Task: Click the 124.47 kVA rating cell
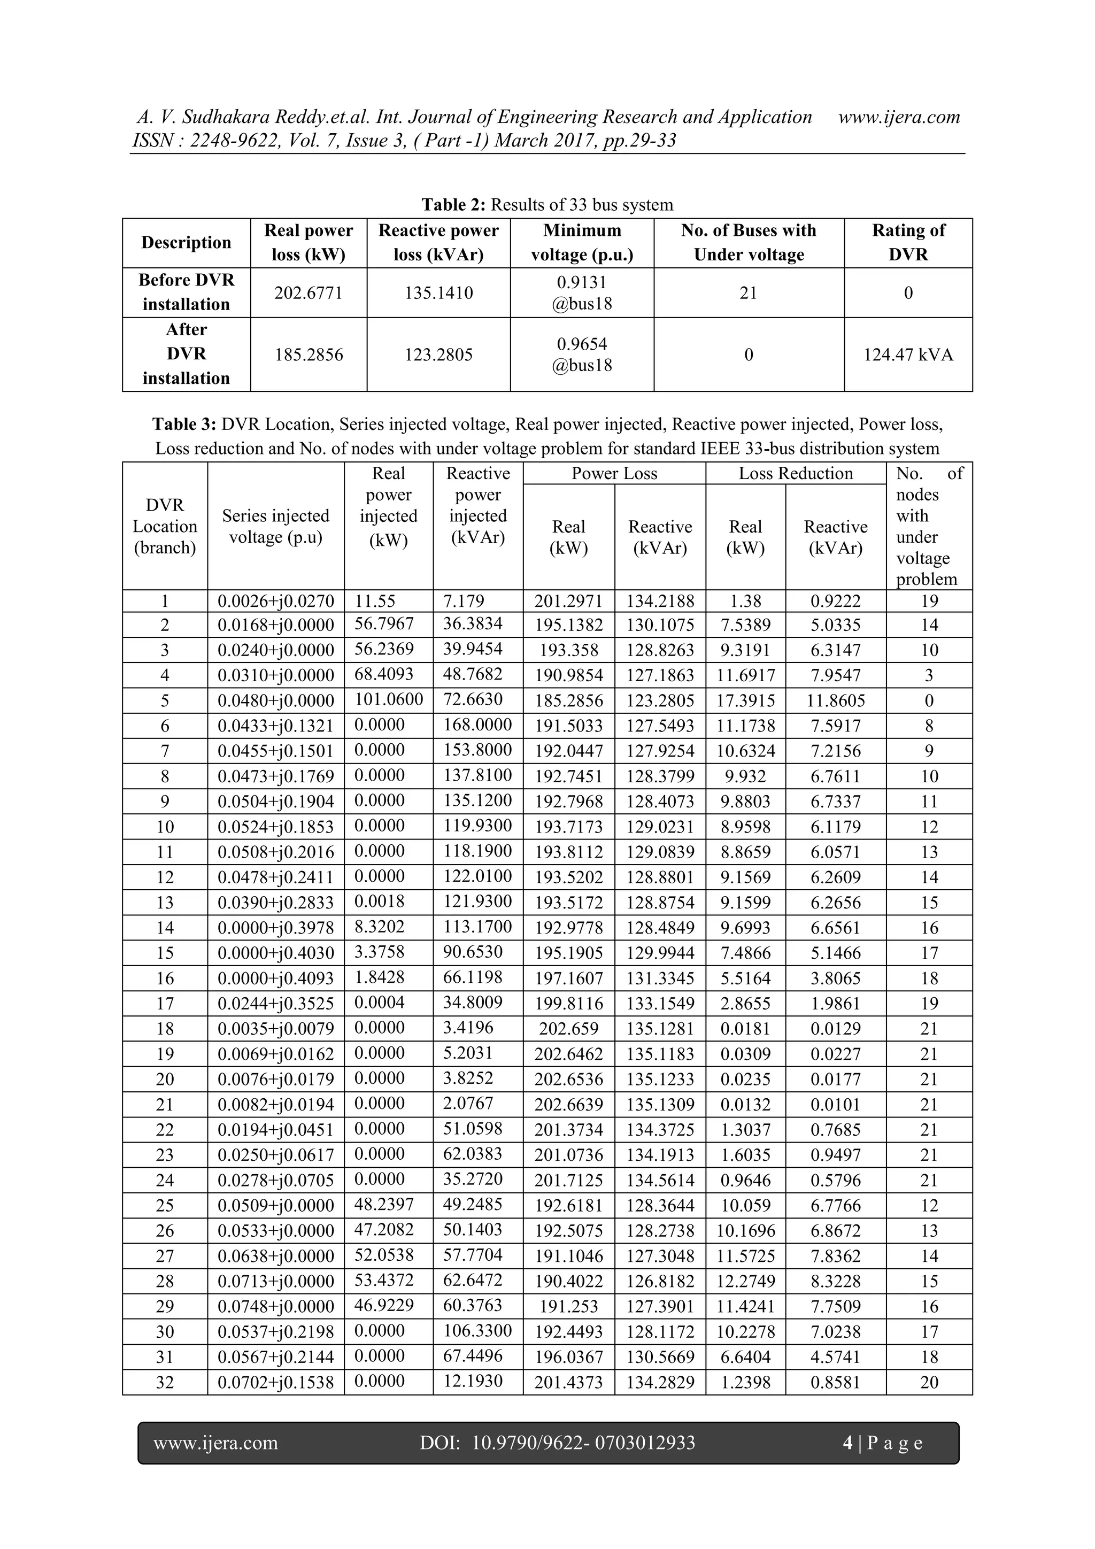908,355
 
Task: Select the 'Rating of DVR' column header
908,242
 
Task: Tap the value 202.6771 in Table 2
309,293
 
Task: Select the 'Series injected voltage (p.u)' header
275,526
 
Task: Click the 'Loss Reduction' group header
796,474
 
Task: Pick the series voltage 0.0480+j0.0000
275,701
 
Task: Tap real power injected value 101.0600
389,699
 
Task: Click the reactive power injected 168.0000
477,725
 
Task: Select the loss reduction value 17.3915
745,701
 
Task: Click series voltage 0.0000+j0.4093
275,979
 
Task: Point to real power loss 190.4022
569,1282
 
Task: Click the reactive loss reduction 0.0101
835,1105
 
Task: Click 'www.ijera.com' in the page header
899,117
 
